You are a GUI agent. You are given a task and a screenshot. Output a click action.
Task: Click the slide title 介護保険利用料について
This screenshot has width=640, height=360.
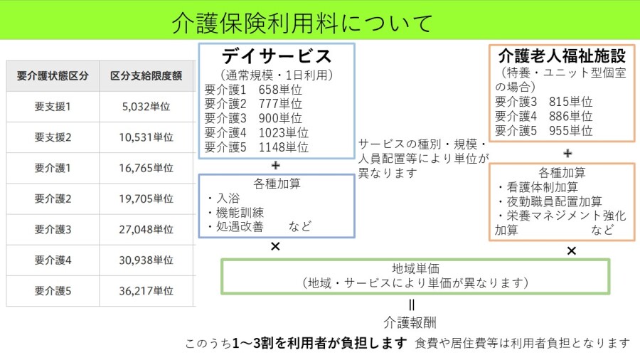coord(302,23)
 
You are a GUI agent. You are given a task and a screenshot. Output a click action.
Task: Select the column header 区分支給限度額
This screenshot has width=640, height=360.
coord(146,76)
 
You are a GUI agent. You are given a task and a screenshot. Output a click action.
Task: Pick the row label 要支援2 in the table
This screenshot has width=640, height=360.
coord(53,137)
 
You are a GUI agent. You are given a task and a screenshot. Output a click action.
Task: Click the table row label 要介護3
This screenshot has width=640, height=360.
coord(53,229)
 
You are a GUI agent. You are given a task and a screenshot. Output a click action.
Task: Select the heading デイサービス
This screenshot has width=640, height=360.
coord(277,56)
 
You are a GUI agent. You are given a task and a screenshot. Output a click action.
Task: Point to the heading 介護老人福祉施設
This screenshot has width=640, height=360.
coord(562,56)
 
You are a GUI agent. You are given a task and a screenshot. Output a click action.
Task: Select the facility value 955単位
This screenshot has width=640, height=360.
coord(570,130)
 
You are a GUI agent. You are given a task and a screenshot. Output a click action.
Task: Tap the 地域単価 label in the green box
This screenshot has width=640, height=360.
coord(416,269)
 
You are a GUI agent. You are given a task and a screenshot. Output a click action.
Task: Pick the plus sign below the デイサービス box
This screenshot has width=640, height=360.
coord(275,165)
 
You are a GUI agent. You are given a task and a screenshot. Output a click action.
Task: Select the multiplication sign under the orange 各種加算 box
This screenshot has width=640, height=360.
coord(571,250)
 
